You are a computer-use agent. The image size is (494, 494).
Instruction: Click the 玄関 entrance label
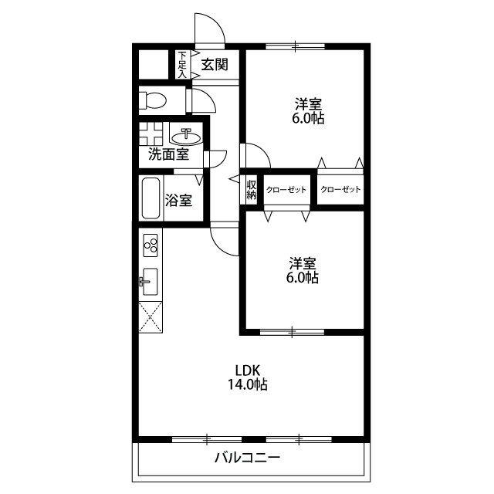(x=215, y=65)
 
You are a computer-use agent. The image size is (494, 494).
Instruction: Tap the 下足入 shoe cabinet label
(x=182, y=65)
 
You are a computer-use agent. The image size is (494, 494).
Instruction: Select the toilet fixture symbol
(x=153, y=100)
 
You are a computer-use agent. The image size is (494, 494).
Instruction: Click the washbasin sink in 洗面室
(x=186, y=137)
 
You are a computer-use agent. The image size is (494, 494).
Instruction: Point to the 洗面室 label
(x=169, y=154)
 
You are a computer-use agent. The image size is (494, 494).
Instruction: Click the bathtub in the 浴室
(x=151, y=198)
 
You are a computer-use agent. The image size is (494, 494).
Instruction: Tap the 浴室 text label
(x=178, y=201)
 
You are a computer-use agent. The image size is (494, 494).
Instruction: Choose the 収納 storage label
(x=252, y=190)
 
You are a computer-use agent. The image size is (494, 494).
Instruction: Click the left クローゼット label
(x=286, y=190)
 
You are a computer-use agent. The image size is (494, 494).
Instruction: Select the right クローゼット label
(x=340, y=189)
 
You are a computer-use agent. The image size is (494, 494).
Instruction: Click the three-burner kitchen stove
(x=151, y=245)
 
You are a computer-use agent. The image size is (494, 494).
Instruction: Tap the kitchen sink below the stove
(x=149, y=281)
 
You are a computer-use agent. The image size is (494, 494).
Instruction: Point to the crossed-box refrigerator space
(x=151, y=317)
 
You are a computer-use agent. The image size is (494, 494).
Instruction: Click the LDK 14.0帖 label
(x=248, y=377)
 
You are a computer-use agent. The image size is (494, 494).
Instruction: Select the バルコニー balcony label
(x=247, y=458)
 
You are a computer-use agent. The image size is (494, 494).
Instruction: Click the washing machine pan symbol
(x=151, y=134)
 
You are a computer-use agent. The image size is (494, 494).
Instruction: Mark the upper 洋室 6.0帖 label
(x=308, y=111)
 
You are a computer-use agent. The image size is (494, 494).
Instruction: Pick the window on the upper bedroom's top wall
(x=295, y=46)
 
